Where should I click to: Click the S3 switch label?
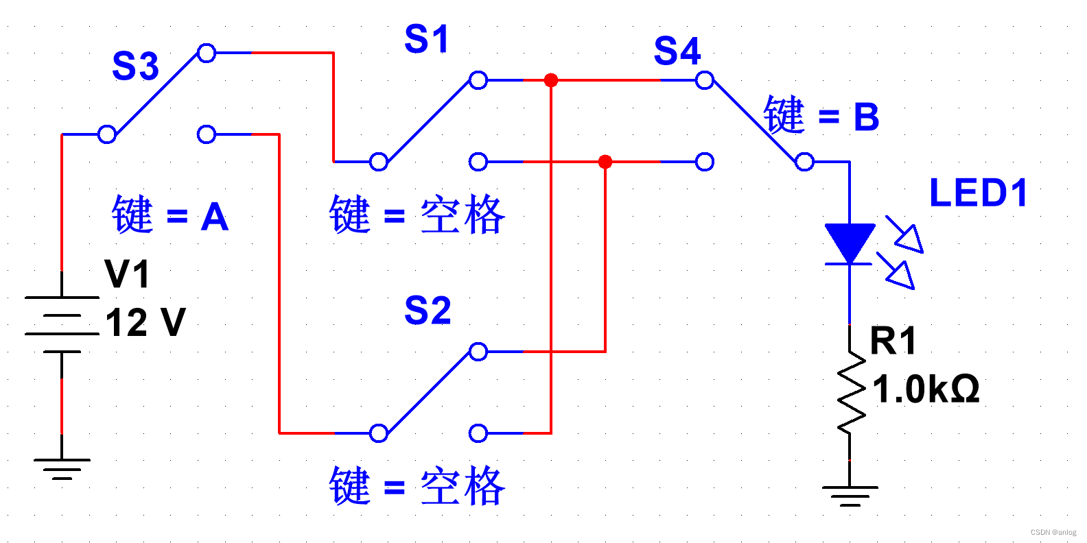coord(135,67)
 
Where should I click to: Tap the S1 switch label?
coord(426,39)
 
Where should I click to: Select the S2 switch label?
coord(428,311)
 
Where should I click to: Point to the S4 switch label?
coord(677,51)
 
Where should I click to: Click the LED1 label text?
coord(979,193)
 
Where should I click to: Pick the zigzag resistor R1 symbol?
coord(850,392)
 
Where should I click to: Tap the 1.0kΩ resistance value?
coord(925,389)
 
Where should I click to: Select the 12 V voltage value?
coord(145,322)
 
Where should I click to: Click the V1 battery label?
coord(127,275)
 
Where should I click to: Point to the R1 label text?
coord(893,341)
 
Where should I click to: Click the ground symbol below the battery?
coord(62,469)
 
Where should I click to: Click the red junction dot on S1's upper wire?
coord(550,80)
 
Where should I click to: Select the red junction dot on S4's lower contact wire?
coord(605,162)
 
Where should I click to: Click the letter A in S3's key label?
coord(215,217)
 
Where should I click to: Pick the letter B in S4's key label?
coord(867,117)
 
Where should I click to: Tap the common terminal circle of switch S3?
coord(106,134)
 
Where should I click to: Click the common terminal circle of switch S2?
coord(378,433)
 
